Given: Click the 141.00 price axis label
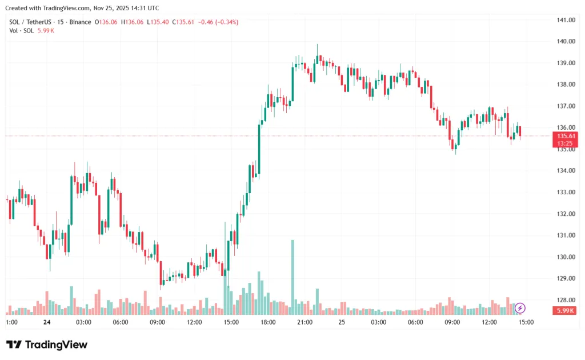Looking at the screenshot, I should click(565, 20).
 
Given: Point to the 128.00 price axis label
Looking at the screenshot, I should click(565, 300).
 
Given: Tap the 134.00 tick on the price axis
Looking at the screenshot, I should click(565, 171).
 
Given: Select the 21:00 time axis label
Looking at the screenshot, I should click(305, 322).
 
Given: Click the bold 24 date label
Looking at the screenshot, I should click(47, 322).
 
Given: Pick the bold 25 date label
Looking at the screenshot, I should click(342, 322).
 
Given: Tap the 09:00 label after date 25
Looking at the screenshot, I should click(452, 322).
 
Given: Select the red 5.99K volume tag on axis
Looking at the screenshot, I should click(564, 310).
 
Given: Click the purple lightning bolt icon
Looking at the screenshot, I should click(520, 309).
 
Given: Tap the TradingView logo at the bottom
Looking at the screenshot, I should click(47, 345).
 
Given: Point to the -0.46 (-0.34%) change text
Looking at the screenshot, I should click(218, 22).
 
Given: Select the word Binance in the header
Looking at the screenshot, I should click(80, 22).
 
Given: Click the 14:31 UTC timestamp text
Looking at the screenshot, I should click(146, 8).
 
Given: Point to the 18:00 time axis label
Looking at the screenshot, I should click(268, 322).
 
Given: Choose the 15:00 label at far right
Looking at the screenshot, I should click(526, 322).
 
